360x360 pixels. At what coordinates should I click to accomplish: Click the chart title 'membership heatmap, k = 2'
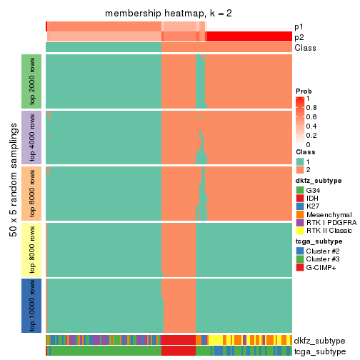pos(169,14)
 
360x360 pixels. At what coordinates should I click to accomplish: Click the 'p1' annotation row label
pos(299,26)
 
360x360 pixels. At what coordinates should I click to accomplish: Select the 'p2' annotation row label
pos(299,36)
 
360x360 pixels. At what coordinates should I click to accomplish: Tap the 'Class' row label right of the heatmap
pos(304,47)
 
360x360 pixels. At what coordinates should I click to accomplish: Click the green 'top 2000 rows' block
pos(31,81)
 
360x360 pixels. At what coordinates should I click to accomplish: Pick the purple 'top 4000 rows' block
pos(31,136)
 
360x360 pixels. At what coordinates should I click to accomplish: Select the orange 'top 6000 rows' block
pos(31,192)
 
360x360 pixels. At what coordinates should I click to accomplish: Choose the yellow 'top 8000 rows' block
pos(31,249)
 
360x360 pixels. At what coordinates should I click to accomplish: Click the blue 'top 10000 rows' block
pos(31,305)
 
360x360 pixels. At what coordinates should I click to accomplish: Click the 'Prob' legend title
pos(304,91)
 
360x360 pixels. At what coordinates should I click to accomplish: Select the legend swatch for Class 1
pos(300,161)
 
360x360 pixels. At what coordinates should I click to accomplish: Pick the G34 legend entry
pos(300,191)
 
